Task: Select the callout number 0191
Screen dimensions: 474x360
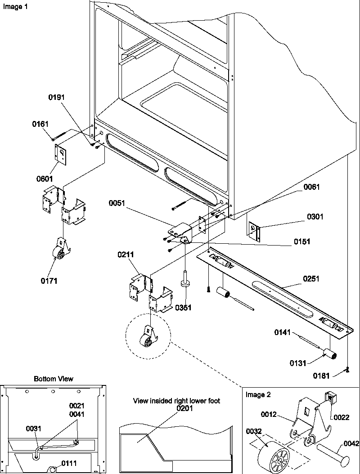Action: coord(57,96)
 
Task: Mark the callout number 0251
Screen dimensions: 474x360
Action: coord(311,279)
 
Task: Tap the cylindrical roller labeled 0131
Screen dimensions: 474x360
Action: coord(332,357)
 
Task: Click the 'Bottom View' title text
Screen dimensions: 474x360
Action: coord(54,379)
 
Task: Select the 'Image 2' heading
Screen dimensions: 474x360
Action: coord(258,395)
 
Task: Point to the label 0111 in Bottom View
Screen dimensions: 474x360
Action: coord(69,463)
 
